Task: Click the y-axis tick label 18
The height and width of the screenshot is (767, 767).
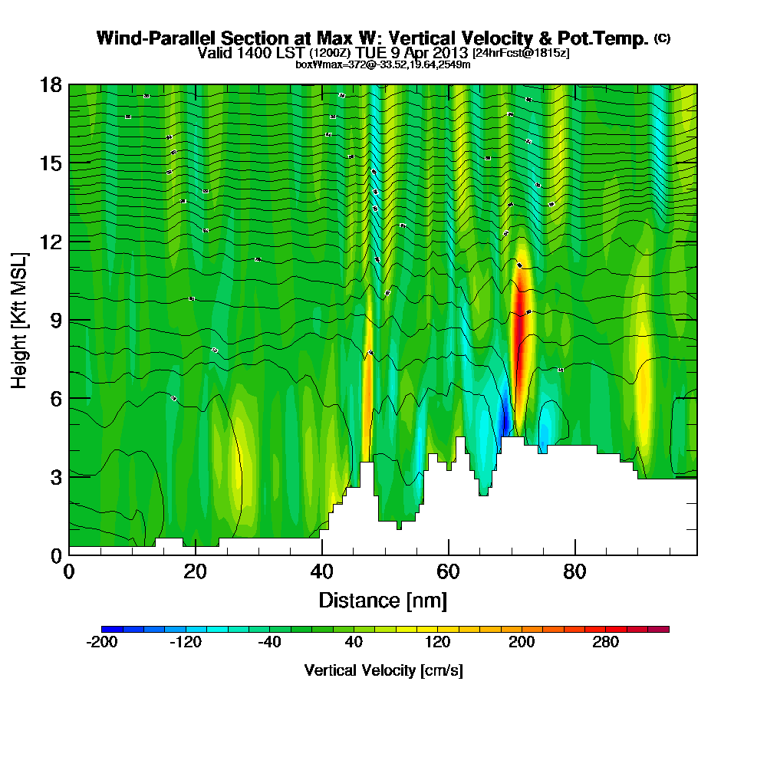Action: [x=50, y=84]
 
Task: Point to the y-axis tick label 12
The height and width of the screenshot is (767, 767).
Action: [x=50, y=242]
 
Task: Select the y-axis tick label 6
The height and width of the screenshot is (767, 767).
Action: [x=54, y=398]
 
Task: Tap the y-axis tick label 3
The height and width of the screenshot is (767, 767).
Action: [x=54, y=476]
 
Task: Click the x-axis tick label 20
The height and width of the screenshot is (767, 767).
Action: [x=196, y=572]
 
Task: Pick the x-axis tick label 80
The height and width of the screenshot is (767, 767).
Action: [x=575, y=572]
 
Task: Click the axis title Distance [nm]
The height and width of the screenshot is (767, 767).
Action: [x=383, y=599]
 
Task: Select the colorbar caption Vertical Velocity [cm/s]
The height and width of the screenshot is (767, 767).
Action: [x=383, y=670]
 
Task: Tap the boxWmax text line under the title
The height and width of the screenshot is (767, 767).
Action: [x=383, y=64]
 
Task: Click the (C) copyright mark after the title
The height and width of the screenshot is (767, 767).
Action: [x=663, y=38]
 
